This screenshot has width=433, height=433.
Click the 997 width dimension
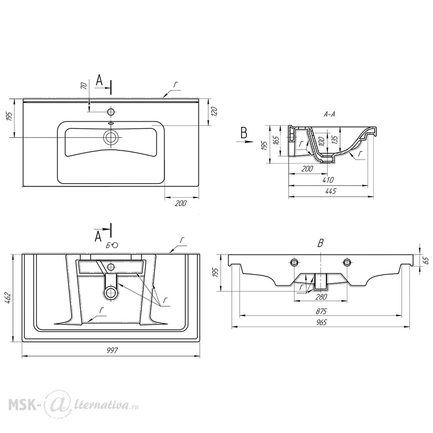click(x=112, y=350)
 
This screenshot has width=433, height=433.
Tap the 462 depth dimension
click(x=8, y=298)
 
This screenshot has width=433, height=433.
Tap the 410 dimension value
click(x=328, y=180)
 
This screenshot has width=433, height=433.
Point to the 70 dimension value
click(x=84, y=86)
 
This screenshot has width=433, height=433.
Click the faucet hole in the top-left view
click(x=111, y=112)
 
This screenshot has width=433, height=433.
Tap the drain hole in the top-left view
click(x=111, y=137)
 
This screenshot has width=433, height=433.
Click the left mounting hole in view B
click(x=294, y=262)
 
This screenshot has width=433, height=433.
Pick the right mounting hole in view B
click(x=346, y=262)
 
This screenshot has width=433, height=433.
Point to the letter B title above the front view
click(x=320, y=243)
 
